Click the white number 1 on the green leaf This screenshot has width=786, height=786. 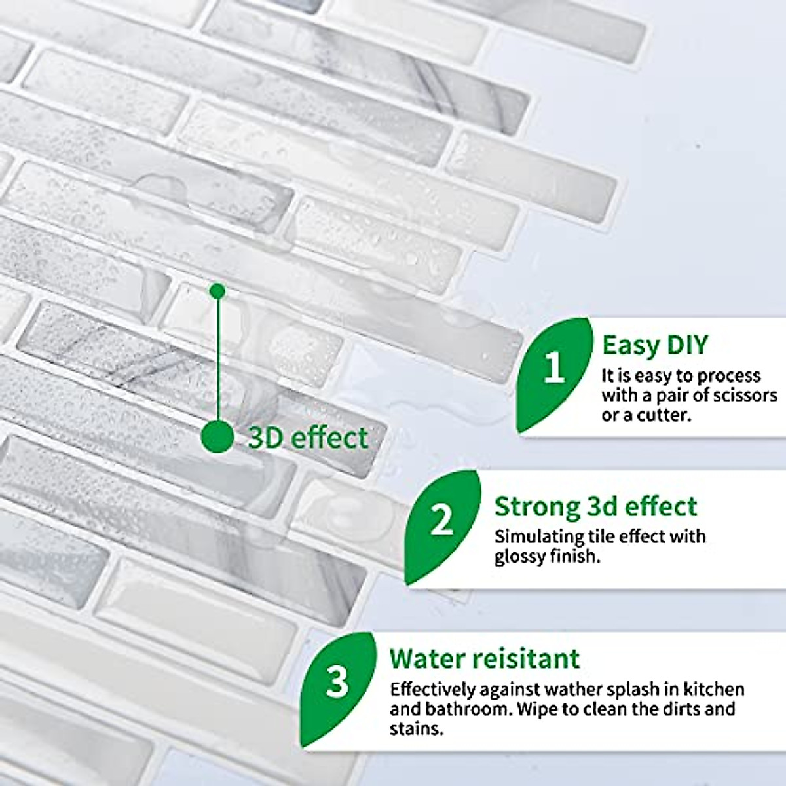pos(554,369)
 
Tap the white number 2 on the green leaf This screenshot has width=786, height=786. pos(442,521)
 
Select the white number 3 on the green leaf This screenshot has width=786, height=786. pos(338,683)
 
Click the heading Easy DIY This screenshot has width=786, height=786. pos(654,345)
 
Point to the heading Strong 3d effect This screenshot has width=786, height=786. pos(595,507)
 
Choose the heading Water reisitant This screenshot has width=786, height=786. pos(485,659)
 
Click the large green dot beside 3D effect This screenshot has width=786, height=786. pos(217,436)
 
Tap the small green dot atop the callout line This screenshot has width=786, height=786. pos(218,290)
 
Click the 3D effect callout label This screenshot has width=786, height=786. pos(308,438)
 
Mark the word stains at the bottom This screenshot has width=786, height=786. pos(417,729)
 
